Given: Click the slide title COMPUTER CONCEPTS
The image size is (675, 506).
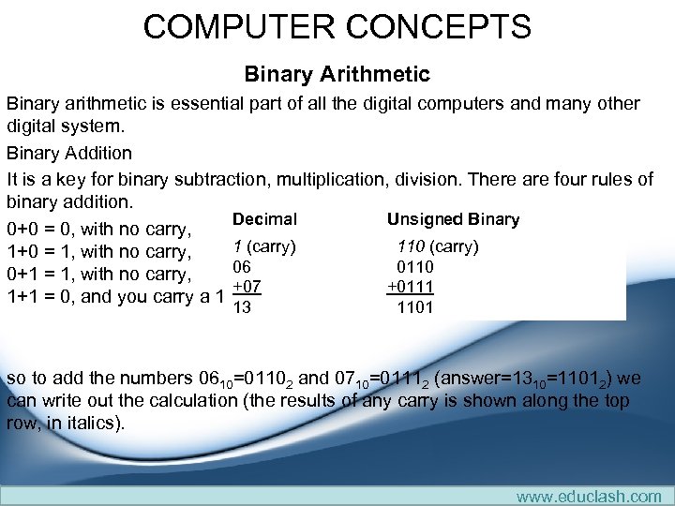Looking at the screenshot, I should pos(337,26).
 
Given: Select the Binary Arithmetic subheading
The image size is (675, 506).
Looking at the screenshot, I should pos(337,73).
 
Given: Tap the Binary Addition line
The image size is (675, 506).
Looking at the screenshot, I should pos(69,152).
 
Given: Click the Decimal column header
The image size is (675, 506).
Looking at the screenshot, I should pos(264,219).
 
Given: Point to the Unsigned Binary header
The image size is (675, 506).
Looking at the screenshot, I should pos(453,219).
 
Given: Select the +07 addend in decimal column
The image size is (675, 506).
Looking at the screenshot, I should pos(246,286).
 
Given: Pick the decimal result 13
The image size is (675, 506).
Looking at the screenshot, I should pos(241,306).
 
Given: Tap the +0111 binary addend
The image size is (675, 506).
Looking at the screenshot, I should pos(410,286).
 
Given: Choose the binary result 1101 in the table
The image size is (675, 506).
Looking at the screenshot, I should pos(414,306).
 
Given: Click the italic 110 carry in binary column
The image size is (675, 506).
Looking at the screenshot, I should pos(411,246).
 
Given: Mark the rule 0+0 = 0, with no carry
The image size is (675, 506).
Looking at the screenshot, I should pos(98,229).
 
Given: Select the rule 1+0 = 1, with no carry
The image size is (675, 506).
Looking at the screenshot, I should pos(98,251).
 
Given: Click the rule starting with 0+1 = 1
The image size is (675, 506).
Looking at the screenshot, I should pos(98,274).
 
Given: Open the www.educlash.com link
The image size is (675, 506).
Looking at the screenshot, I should pos(589,496).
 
